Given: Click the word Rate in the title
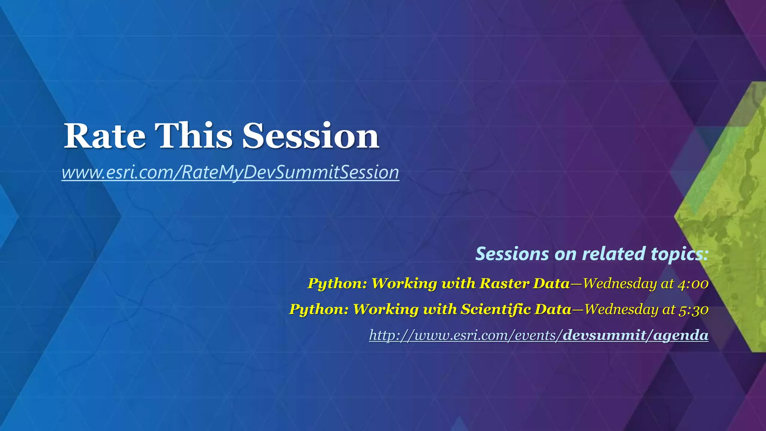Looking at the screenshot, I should [x=104, y=136].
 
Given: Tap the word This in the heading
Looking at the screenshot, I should [x=194, y=136].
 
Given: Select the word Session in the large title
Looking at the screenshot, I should [x=311, y=136].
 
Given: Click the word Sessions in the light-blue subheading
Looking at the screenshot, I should [x=512, y=254].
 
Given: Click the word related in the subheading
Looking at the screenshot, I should [x=613, y=254].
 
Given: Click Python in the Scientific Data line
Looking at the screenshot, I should [x=318, y=309].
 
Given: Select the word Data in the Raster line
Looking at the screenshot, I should [x=551, y=283].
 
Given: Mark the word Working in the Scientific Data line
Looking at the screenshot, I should [x=385, y=309].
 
